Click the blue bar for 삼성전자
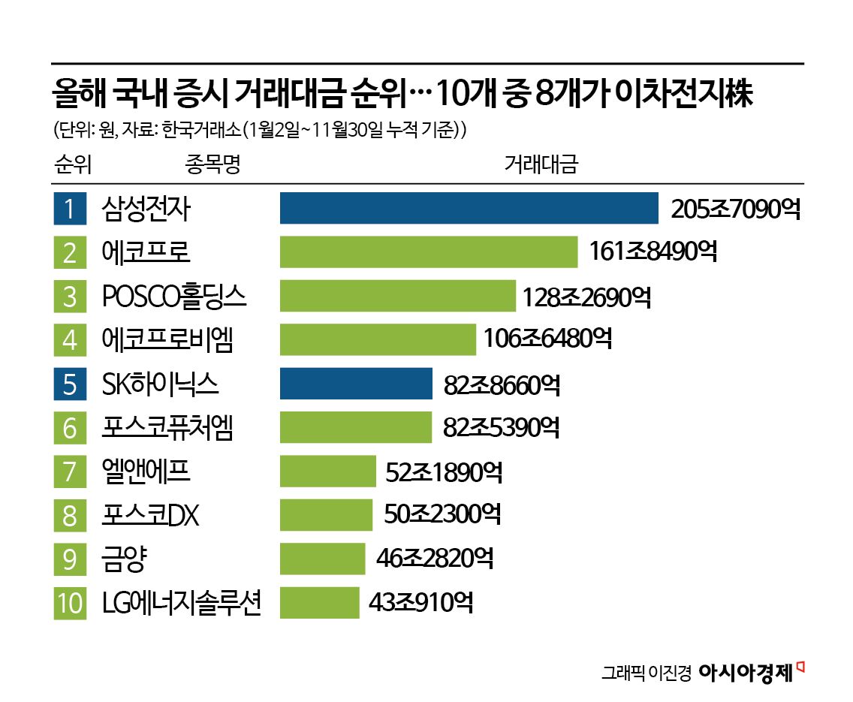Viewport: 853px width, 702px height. pyautogui.click(x=469, y=208)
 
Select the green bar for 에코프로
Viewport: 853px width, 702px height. pyautogui.click(x=428, y=252)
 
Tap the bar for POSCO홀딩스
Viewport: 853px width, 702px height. pyautogui.click(x=397, y=296)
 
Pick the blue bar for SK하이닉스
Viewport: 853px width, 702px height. pyautogui.click(x=356, y=384)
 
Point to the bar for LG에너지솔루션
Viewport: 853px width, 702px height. pyautogui.click(x=319, y=603)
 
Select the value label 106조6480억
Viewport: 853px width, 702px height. pyautogui.click(x=547, y=340)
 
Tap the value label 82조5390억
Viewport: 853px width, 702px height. pyautogui.click(x=501, y=428)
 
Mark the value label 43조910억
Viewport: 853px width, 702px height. pyautogui.click(x=420, y=603)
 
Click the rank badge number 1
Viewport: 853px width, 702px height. pyautogui.click(x=70, y=209)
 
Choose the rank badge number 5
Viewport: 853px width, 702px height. pyautogui.click(x=70, y=384)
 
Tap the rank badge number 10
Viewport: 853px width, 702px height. pyautogui.click(x=70, y=604)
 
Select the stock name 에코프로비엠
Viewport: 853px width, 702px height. pyautogui.click(x=167, y=340)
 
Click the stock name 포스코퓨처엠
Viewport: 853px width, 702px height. pyautogui.click(x=167, y=428)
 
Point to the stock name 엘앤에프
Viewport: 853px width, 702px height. pyautogui.click(x=146, y=472)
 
